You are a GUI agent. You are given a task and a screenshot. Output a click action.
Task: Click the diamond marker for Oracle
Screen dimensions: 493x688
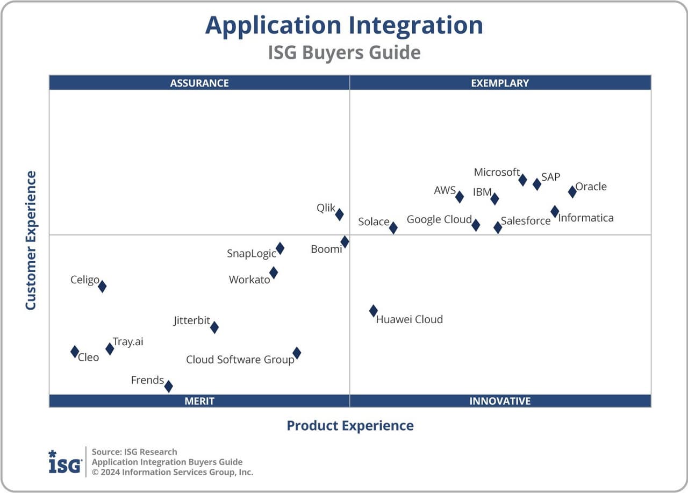(x=572, y=192)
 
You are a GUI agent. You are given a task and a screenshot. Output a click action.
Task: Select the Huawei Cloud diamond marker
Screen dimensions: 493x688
(x=373, y=311)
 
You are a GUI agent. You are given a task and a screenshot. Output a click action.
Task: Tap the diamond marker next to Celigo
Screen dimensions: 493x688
(x=102, y=287)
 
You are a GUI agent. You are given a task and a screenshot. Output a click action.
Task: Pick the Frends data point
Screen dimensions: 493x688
(x=168, y=386)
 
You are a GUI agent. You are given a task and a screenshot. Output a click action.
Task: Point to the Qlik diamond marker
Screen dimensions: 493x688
(x=339, y=215)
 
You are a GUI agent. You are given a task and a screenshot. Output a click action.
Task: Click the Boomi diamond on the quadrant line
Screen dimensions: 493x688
(x=345, y=242)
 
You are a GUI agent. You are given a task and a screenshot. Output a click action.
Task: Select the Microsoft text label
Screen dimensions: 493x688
(x=496, y=172)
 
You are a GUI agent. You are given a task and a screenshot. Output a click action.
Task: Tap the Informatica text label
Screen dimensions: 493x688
(x=585, y=218)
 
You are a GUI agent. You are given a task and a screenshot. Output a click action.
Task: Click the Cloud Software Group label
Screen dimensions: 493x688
(x=240, y=360)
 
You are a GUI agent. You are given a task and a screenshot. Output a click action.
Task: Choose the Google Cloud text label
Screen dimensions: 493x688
(x=439, y=219)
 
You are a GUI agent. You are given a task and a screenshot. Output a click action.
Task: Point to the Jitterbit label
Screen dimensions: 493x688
(x=191, y=321)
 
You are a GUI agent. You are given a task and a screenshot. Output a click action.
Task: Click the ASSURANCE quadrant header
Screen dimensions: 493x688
(x=199, y=83)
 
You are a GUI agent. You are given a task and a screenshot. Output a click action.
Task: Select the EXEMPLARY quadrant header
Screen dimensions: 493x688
(x=500, y=83)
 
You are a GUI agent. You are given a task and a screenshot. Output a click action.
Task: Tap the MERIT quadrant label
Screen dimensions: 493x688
(x=199, y=401)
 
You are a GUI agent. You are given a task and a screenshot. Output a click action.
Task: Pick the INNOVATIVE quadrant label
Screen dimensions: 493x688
(x=500, y=401)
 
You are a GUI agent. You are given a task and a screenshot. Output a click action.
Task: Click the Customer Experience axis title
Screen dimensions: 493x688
(x=31, y=240)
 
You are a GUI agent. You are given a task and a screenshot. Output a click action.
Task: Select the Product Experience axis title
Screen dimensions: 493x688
(x=350, y=426)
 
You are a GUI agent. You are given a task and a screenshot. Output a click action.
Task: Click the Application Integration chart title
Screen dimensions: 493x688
(x=344, y=25)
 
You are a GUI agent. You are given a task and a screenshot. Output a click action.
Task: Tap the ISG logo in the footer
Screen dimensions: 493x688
(x=65, y=462)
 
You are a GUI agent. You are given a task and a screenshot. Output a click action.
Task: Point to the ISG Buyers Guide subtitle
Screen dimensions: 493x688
(x=344, y=53)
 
